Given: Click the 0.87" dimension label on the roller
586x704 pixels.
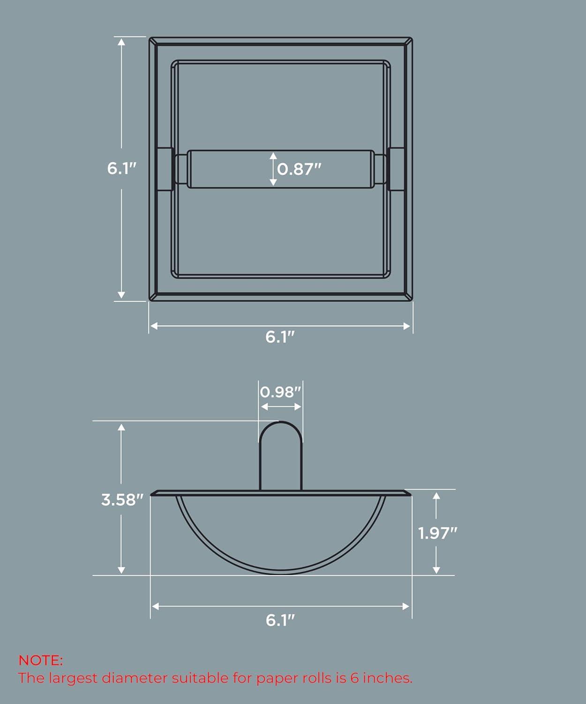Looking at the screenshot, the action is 299,168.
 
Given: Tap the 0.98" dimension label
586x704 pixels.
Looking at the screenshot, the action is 280,392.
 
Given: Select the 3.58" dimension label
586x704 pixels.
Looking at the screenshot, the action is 122,500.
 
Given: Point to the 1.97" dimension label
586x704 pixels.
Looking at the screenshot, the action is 437,533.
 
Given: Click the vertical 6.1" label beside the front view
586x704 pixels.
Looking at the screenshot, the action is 121,168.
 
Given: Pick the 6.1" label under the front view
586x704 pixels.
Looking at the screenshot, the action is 280,337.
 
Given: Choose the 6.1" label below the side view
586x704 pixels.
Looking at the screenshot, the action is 280,620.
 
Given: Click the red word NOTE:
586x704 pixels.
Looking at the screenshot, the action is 40,660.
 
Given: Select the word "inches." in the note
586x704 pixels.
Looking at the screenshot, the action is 388,678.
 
